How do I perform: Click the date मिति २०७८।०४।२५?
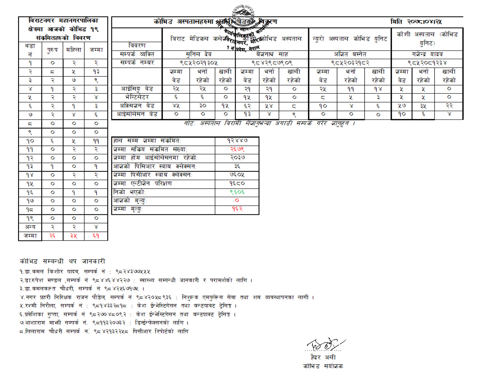(x=416, y=22)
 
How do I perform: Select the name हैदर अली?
(x=323, y=358)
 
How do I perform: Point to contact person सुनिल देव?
(x=199, y=54)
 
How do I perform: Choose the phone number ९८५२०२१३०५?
(x=199, y=63)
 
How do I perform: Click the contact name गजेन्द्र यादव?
(x=427, y=54)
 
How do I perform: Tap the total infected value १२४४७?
(x=237, y=141)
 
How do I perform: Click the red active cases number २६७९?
(x=237, y=149)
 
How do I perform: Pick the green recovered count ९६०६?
(x=237, y=192)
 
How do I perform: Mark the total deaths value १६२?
(x=237, y=209)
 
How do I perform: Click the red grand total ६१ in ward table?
(x=96, y=236)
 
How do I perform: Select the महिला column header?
(x=74, y=50)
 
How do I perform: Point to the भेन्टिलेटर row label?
(x=137, y=97)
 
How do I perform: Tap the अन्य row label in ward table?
(x=30, y=227)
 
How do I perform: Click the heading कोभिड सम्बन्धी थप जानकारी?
(x=62, y=261)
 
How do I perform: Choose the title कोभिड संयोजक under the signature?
(x=323, y=366)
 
